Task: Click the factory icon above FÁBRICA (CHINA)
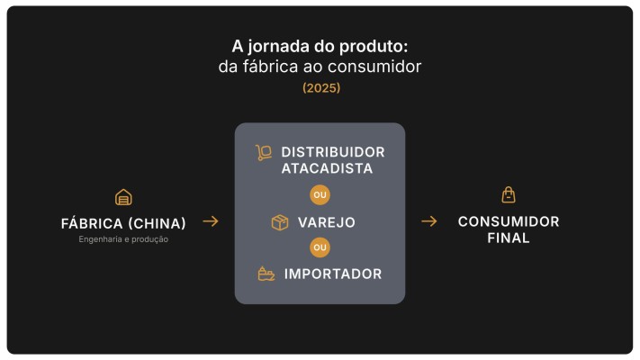click(123, 197)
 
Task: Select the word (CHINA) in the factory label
click(157, 223)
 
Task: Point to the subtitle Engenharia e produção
click(123, 239)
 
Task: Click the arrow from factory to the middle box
click(210, 221)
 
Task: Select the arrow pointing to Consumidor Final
click(429, 221)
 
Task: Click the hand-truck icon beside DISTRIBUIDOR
click(264, 152)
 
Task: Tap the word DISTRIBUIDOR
click(332, 152)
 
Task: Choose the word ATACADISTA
click(326, 168)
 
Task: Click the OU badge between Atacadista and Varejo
click(320, 195)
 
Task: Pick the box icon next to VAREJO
click(280, 222)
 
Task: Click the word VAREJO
click(326, 222)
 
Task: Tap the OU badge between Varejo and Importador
click(320, 247)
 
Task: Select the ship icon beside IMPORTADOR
click(266, 274)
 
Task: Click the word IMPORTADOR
click(332, 274)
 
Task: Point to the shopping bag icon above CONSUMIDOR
click(509, 194)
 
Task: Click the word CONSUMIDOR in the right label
click(509, 221)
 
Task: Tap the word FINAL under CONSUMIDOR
click(509, 238)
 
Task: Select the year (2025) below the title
click(320, 88)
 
